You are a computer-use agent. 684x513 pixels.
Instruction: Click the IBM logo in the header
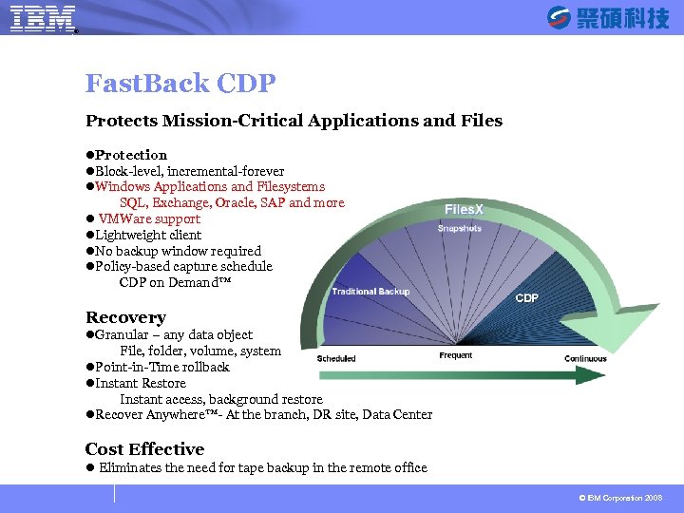coord(43,18)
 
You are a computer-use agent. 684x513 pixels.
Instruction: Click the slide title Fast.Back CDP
coord(180,84)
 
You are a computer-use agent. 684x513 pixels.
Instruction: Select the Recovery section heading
coord(125,317)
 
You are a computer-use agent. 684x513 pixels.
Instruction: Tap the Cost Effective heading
coord(144,449)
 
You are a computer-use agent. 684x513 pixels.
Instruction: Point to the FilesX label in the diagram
coord(464,209)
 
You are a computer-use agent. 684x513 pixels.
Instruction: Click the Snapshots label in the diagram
coord(460,229)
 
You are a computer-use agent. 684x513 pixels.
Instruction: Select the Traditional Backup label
coord(370,292)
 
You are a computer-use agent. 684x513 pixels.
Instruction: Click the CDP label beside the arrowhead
coord(526,298)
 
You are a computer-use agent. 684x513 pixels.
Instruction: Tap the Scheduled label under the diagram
coord(336,358)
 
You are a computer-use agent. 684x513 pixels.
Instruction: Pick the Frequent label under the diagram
coord(456,356)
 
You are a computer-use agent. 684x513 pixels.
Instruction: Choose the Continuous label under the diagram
coord(585,358)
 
